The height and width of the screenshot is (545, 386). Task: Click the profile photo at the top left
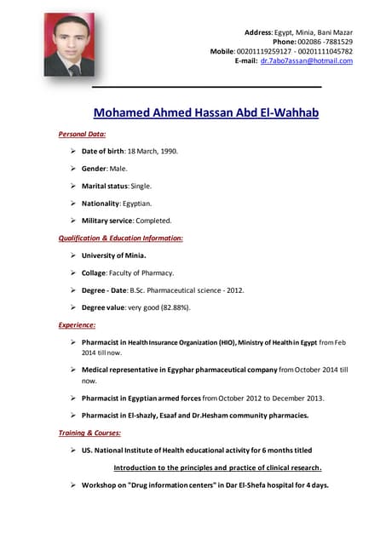click(x=69, y=44)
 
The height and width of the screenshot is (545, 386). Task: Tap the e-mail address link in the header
click(x=306, y=61)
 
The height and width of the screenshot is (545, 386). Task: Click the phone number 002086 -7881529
click(x=326, y=42)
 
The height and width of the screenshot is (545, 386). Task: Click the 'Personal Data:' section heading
click(x=82, y=135)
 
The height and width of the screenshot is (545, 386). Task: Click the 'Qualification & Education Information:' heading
click(x=120, y=238)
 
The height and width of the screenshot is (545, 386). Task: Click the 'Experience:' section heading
click(x=77, y=325)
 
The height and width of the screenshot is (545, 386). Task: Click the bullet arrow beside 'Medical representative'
click(x=73, y=370)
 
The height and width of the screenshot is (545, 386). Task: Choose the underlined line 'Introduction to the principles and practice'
click(x=217, y=468)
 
